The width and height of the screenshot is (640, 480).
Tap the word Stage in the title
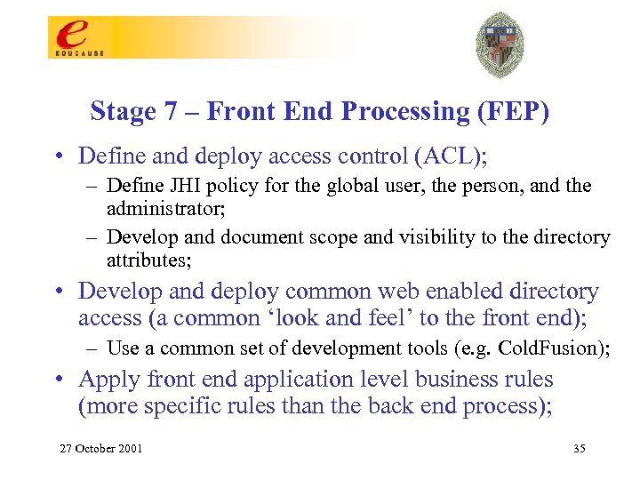[121, 112]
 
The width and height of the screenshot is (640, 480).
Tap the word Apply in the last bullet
[106, 380]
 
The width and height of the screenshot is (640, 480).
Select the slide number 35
[579, 448]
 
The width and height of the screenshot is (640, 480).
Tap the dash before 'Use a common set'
[95, 348]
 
